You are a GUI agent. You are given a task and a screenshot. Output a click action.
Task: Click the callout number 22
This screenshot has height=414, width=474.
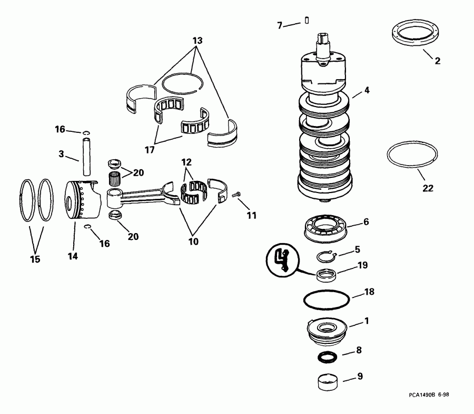(428, 188)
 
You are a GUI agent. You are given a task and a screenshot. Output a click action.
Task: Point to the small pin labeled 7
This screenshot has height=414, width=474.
(306, 21)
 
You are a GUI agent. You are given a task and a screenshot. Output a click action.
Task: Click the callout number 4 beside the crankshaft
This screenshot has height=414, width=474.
(367, 90)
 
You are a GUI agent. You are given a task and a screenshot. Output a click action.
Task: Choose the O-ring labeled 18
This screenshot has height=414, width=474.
(327, 300)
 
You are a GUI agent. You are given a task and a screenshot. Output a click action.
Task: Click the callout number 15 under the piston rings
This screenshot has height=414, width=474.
(35, 259)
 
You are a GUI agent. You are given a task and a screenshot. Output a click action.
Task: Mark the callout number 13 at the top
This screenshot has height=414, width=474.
(197, 40)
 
